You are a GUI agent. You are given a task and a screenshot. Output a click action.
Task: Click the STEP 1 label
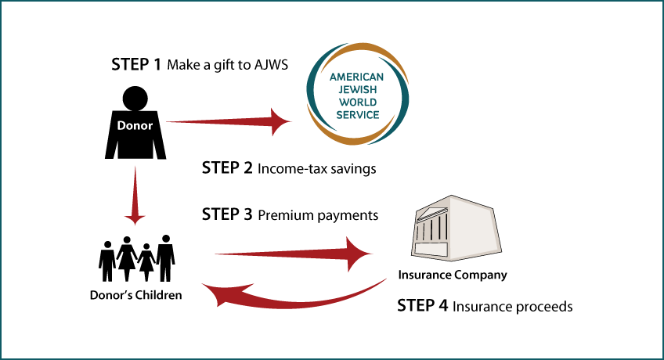click(x=136, y=64)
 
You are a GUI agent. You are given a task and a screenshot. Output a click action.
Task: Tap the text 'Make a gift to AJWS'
click(x=227, y=65)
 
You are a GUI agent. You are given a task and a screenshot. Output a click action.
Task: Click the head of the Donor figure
click(x=135, y=99)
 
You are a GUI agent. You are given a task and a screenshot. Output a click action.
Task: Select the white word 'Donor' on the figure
click(x=135, y=126)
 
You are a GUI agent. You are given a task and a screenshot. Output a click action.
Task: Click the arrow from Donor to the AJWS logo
click(x=229, y=122)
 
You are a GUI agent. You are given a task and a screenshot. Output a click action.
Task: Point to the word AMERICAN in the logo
click(x=356, y=77)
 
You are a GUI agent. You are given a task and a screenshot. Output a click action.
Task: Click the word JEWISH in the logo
click(x=357, y=90)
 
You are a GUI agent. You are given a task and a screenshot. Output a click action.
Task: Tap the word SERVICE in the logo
click(x=358, y=115)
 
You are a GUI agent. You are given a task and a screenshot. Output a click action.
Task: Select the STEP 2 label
click(x=227, y=168)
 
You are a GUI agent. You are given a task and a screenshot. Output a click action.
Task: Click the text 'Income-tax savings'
click(x=317, y=169)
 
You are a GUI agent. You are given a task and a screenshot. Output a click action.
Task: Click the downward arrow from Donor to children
click(x=135, y=196)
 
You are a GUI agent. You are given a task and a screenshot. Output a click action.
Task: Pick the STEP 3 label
click(x=227, y=214)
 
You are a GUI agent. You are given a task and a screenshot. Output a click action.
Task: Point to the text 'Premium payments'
click(x=318, y=215)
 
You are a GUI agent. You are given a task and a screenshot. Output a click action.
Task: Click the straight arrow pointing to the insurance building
click(x=294, y=254)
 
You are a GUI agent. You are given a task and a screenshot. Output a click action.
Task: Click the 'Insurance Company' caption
click(x=453, y=275)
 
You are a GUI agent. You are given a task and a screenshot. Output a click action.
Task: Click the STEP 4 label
click(x=422, y=305)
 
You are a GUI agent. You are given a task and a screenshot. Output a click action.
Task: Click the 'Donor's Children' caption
click(x=136, y=295)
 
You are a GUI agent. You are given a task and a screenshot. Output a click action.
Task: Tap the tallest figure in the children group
click(x=165, y=258)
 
